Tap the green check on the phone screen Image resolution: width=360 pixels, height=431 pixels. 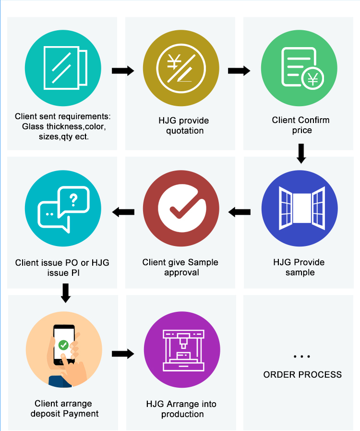[63, 345]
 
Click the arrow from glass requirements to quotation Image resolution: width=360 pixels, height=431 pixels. [122, 71]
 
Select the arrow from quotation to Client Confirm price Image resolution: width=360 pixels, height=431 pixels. [239, 71]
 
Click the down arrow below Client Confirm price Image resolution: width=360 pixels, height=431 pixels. [301, 152]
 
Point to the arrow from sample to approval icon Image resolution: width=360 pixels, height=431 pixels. [240, 211]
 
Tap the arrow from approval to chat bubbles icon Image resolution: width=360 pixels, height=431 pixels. [123, 211]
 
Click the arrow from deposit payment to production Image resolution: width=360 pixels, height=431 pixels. [122, 354]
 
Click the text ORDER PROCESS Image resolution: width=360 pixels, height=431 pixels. [302, 375]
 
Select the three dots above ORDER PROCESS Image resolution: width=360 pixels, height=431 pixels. [301, 357]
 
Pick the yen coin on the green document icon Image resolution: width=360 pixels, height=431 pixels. [312, 78]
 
